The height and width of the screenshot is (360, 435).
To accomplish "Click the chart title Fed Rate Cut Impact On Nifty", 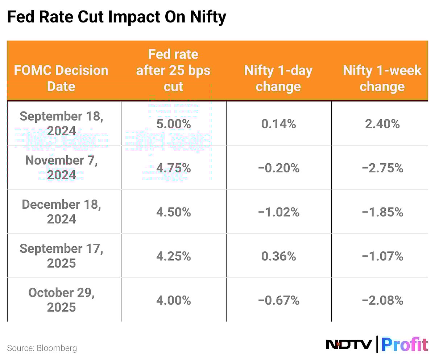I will point(116,17).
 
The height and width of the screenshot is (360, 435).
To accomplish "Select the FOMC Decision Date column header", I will point(61,78).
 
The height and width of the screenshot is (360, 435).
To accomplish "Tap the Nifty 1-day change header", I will point(278,78).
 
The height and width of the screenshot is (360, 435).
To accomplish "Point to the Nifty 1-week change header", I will point(382,78).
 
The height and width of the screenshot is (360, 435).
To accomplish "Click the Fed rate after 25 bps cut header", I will point(173,70).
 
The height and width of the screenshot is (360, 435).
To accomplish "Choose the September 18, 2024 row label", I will point(61,124).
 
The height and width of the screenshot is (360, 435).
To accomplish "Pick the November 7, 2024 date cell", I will point(61,168).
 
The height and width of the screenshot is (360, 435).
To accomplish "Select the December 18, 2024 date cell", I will point(61,212).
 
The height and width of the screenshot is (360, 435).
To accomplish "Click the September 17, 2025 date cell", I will point(61,256).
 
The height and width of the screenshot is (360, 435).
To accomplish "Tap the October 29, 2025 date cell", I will point(61,300).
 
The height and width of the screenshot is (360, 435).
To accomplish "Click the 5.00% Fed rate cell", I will point(173,124).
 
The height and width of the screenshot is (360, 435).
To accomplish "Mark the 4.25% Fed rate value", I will point(173,256).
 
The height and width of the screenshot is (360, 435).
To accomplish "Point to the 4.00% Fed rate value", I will point(173,301).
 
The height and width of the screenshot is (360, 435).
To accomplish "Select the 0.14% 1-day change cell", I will point(278,124).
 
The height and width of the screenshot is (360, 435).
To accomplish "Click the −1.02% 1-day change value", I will point(278,212).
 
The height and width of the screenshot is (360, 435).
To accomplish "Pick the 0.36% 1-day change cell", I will point(278,256).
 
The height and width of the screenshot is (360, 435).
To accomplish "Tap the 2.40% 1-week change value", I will point(382,124).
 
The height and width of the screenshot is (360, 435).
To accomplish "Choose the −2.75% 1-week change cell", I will point(382,168).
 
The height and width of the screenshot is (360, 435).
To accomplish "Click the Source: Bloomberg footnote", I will point(42,348).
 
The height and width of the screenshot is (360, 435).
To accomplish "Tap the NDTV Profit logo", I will point(377,344).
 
